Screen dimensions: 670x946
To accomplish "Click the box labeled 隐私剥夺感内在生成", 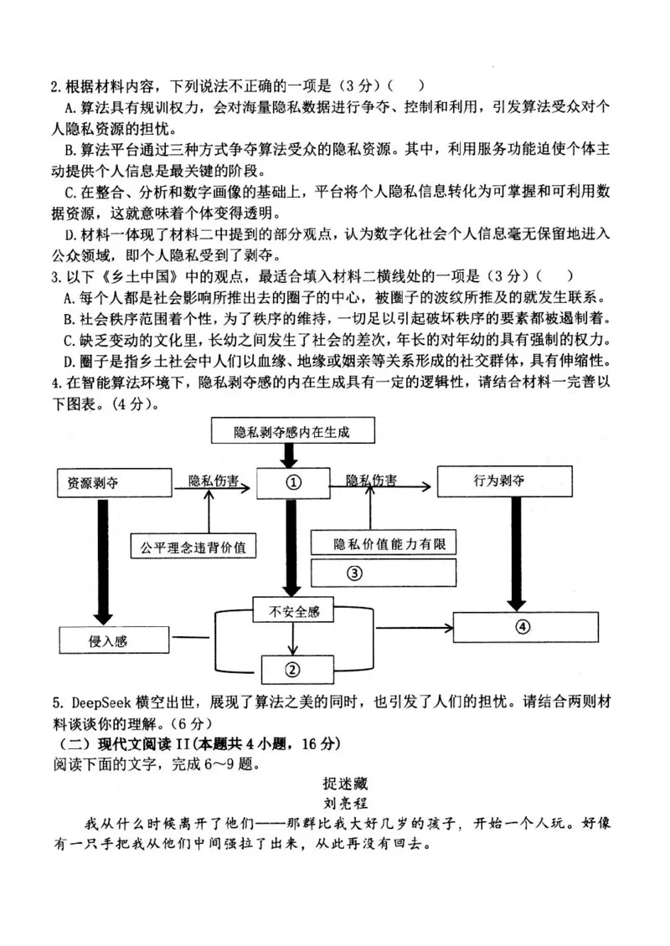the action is pyautogui.click(x=291, y=432).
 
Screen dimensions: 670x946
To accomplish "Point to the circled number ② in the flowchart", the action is pyautogui.click(x=292, y=668).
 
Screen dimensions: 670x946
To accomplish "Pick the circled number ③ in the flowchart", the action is pyautogui.click(x=354, y=573).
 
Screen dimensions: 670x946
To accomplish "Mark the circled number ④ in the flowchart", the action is pyautogui.click(x=523, y=626).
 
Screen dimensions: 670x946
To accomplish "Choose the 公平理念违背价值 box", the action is pyautogui.click(x=193, y=548).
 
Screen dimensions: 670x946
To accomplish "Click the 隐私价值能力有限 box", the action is pyautogui.click(x=384, y=543).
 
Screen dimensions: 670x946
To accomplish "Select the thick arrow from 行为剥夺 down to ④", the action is pyautogui.click(x=517, y=553).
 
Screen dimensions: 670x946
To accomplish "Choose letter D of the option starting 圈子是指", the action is pyautogui.click(x=70, y=361).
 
